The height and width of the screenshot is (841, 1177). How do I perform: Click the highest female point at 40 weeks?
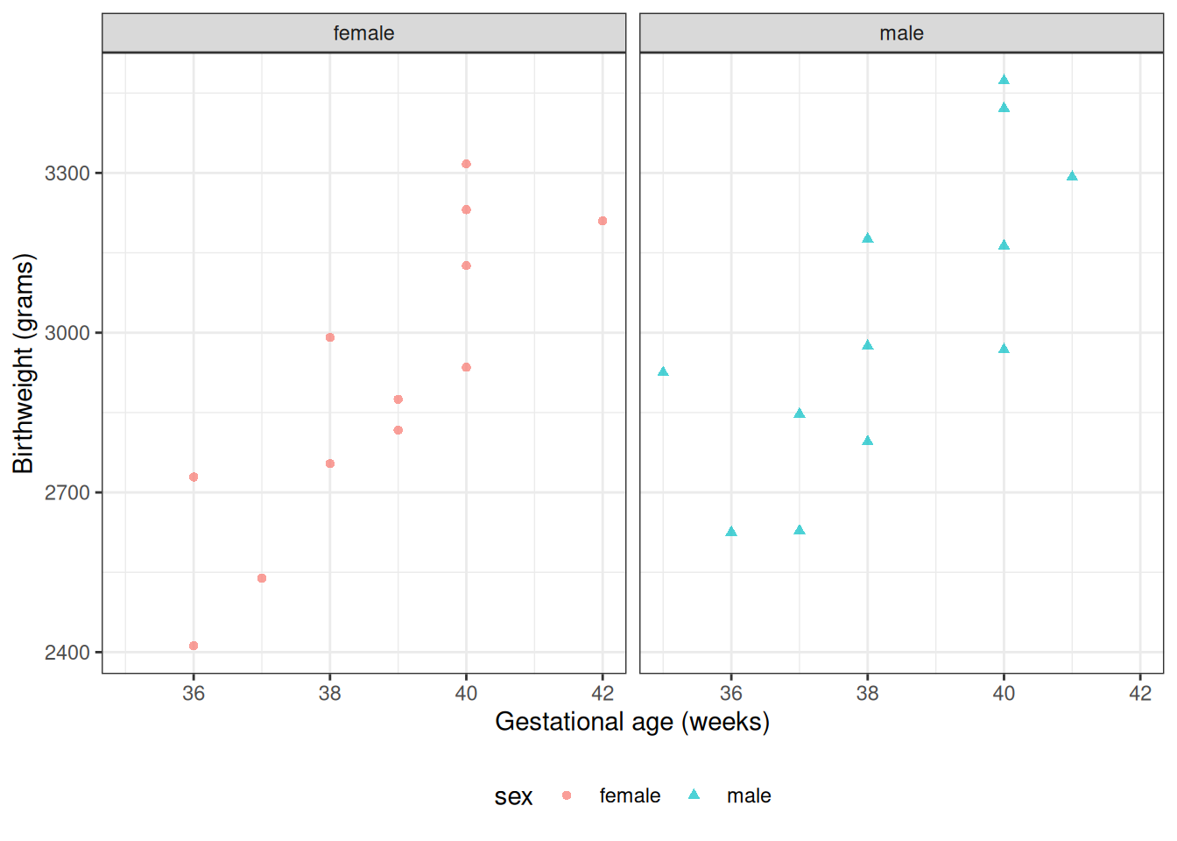(x=466, y=164)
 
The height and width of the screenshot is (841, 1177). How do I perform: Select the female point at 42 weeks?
(x=603, y=221)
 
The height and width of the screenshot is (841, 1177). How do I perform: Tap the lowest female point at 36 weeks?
(x=194, y=646)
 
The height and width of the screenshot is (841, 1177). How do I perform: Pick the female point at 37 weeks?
(x=262, y=578)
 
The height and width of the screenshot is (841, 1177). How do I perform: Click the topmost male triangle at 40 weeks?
(x=1004, y=80)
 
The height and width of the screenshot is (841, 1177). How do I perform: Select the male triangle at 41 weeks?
(x=1072, y=176)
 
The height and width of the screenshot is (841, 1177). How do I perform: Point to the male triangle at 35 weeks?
(x=663, y=371)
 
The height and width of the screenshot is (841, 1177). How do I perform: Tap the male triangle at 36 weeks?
(x=731, y=532)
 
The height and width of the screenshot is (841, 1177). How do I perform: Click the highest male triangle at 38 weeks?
(x=868, y=238)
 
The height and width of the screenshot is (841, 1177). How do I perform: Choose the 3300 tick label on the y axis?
(x=67, y=173)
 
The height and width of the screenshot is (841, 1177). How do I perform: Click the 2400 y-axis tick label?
(x=67, y=653)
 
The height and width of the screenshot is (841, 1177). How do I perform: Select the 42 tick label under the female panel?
(x=603, y=693)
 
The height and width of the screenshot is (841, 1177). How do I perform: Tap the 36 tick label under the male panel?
(x=731, y=693)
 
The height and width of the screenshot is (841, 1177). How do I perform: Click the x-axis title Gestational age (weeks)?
(x=632, y=722)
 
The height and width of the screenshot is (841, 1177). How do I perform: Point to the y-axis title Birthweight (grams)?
(x=24, y=363)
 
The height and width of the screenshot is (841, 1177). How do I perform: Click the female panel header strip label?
(x=363, y=33)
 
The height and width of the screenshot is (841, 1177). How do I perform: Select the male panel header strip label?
(x=901, y=33)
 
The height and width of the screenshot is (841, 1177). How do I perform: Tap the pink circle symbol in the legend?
(x=567, y=795)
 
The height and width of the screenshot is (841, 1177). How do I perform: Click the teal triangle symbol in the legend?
(x=694, y=795)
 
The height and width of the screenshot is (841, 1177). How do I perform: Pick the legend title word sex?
(x=513, y=796)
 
